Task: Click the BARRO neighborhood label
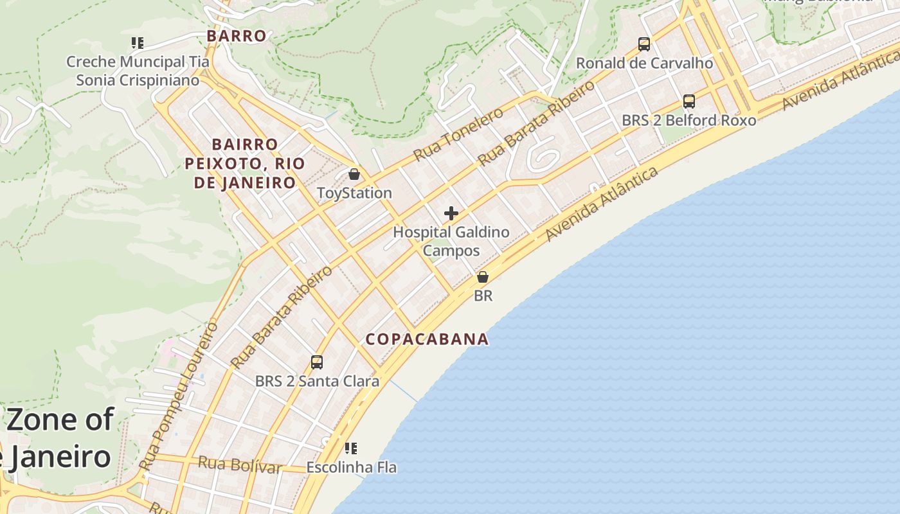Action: pyautogui.click(x=237, y=36)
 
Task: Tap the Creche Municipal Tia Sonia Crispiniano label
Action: pyautogui.click(x=138, y=71)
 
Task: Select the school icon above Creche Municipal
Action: pyautogui.click(x=137, y=43)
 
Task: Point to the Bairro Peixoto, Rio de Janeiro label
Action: pyautogui.click(x=244, y=163)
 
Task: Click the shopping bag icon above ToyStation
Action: pyautogui.click(x=354, y=174)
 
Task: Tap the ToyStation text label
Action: pyautogui.click(x=354, y=193)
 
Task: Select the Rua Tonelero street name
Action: pyautogui.click(x=458, y=134)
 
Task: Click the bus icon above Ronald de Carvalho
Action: pyautogui.click(x=644, y=44)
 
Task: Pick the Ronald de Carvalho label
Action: pyautogui.click(x=644, y=63)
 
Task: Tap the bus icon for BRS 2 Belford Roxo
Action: pyautogui.click(x=689, y=102)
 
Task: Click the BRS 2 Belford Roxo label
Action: pyautogui.click(x=688, y=120)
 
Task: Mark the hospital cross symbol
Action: pyautogui.click(x=451, y=213)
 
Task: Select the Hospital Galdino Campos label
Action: pyautogui.click(x=451, y=241)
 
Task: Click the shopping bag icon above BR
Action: pyautogui.click(x=483, y=277)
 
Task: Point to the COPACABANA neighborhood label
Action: pyautogui.click(x=427, y=339)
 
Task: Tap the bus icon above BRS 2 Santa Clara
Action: pyautogui.click(x=317, y=362)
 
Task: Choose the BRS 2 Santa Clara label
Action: pyautogui.click(x=317, y=381)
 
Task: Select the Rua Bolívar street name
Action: pyautogui.click(x=240, y=465)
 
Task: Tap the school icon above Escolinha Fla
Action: pyautogui.click(x=351, y=448)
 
